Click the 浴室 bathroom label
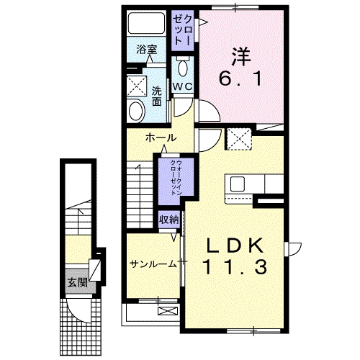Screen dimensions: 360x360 pos(147,50)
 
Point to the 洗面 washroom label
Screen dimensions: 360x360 pos(157,95)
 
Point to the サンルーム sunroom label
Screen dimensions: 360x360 pos(153,264)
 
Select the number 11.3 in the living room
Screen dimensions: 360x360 pos(234,268)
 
